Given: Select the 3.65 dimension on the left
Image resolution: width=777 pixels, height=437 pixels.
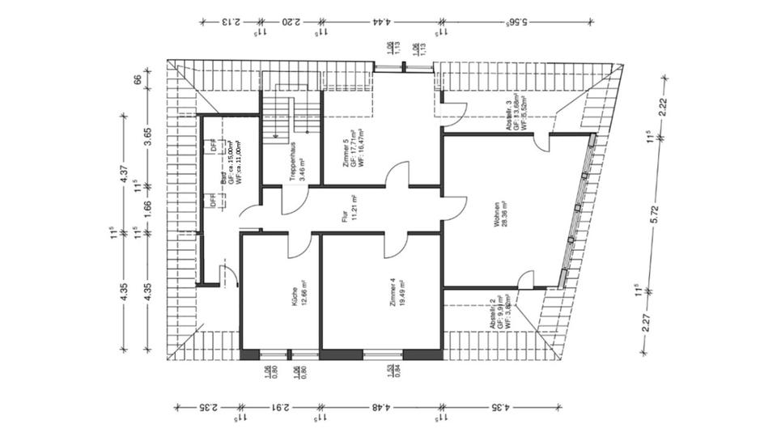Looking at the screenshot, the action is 137,132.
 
